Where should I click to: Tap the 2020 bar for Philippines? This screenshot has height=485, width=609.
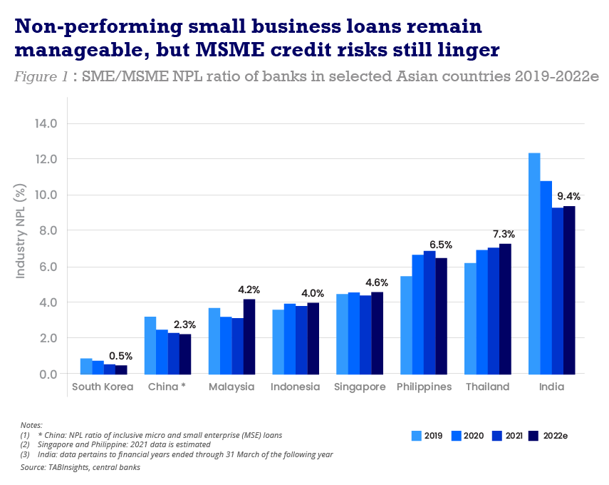click(x=418, y=315)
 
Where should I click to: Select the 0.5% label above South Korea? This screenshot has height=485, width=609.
click(x=121, y=356)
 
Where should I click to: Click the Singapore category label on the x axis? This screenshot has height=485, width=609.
click(x=360, y=387)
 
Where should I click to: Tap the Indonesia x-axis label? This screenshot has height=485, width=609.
click(x=296, y=387)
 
